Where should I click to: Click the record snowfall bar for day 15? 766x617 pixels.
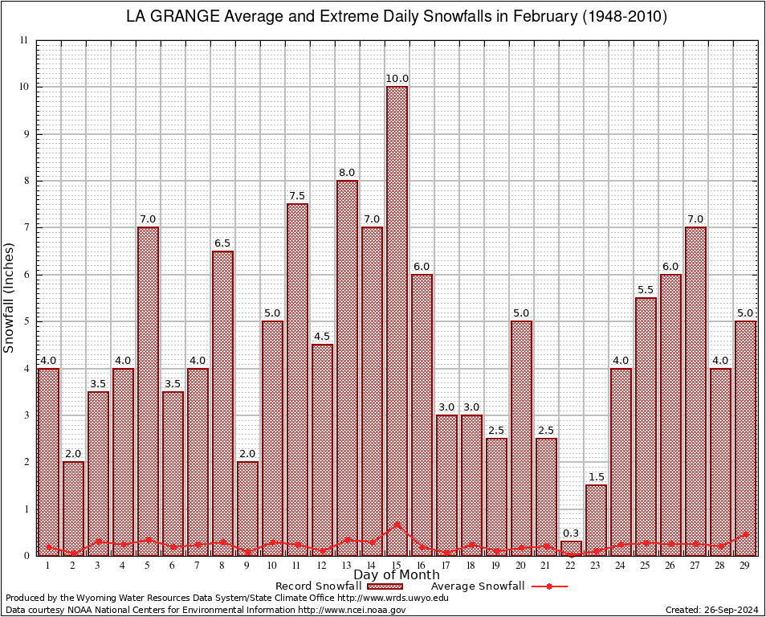397,321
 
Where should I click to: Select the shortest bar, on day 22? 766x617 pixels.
571,548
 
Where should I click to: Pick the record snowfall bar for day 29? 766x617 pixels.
745,438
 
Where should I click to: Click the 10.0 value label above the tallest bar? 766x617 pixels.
397,79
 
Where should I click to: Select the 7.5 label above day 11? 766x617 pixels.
297,196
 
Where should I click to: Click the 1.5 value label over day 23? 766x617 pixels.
596,477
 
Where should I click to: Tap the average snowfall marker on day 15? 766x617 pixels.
397,525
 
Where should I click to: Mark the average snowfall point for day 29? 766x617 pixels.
745,533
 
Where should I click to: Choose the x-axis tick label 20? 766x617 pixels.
521,566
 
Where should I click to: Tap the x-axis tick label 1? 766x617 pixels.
48,566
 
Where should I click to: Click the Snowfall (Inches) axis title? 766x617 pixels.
10,297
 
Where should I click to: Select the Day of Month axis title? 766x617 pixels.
397,574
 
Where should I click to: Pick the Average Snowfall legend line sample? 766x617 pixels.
548,586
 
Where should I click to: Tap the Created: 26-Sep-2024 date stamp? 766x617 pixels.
711,610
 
